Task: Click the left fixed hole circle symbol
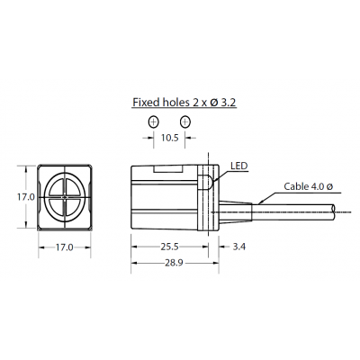point(154,121)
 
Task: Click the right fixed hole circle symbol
point(184,121)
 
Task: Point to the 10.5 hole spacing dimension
point(169,138)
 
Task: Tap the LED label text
point(238,166)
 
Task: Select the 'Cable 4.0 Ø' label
point(309,186)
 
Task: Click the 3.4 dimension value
point(238,245)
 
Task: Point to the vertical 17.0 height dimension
point(24,195)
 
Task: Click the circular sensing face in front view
point(65,195)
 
